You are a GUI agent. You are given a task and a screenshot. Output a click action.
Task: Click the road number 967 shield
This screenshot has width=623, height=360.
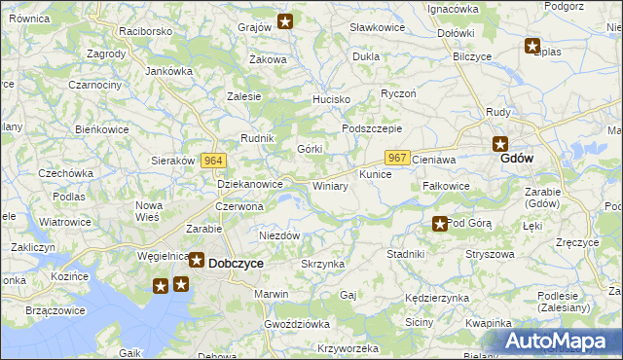coord(396,158)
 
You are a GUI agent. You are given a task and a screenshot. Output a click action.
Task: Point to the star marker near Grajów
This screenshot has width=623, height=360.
coord(285,21)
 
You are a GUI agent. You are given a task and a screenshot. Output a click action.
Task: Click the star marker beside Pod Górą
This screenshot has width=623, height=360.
coord(440,224)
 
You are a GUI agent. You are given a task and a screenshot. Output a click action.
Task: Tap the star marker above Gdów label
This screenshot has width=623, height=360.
coord(499,142)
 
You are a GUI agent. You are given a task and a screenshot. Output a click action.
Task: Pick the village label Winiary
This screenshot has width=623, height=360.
coord(330,185)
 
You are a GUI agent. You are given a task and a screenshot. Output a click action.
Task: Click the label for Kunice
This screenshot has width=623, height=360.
coord(375,174)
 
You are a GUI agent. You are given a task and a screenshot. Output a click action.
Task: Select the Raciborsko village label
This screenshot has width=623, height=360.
coord(145,31)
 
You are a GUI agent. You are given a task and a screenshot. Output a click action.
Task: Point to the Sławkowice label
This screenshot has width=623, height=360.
coord(377,27)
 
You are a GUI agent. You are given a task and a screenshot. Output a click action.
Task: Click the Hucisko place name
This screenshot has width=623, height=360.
coord(330,100)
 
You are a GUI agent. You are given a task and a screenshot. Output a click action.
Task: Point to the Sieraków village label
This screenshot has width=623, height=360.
coord(175,161)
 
